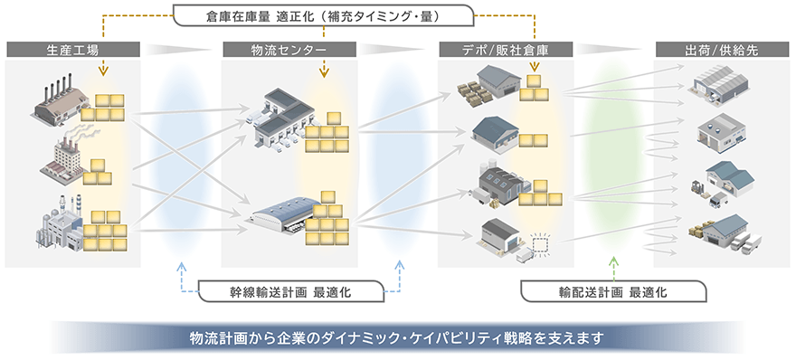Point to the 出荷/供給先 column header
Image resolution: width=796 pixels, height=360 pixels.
pos(721,50)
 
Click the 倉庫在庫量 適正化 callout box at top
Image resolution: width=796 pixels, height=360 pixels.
pos(324,15)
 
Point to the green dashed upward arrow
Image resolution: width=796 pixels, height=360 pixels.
pos(614,264)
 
